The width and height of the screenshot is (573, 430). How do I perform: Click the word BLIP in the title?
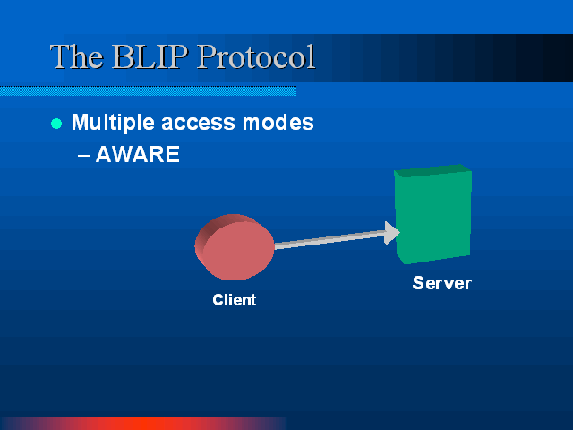click(150, 56)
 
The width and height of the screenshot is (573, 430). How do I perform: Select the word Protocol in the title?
click(256, 56)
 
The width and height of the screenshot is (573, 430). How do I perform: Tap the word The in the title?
click(76, 56)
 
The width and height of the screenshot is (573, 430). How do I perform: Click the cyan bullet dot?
click(56, 124)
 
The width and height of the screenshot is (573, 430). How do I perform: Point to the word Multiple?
click(113, 123)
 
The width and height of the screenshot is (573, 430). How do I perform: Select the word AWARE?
click(137, 154)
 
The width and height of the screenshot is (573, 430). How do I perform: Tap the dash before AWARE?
click(84, 155)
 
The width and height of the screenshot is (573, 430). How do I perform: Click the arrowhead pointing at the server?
click(392, 233)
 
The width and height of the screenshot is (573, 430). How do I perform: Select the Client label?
click(235, 300)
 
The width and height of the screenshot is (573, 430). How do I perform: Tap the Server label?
click(441, 283)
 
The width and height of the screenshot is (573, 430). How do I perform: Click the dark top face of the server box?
click(432, 170)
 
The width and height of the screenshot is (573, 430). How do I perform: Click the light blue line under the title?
click(148, 91)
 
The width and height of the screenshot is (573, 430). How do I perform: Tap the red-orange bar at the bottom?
click(143, 423)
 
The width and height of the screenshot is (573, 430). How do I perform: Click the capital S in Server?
click(418, 283)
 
